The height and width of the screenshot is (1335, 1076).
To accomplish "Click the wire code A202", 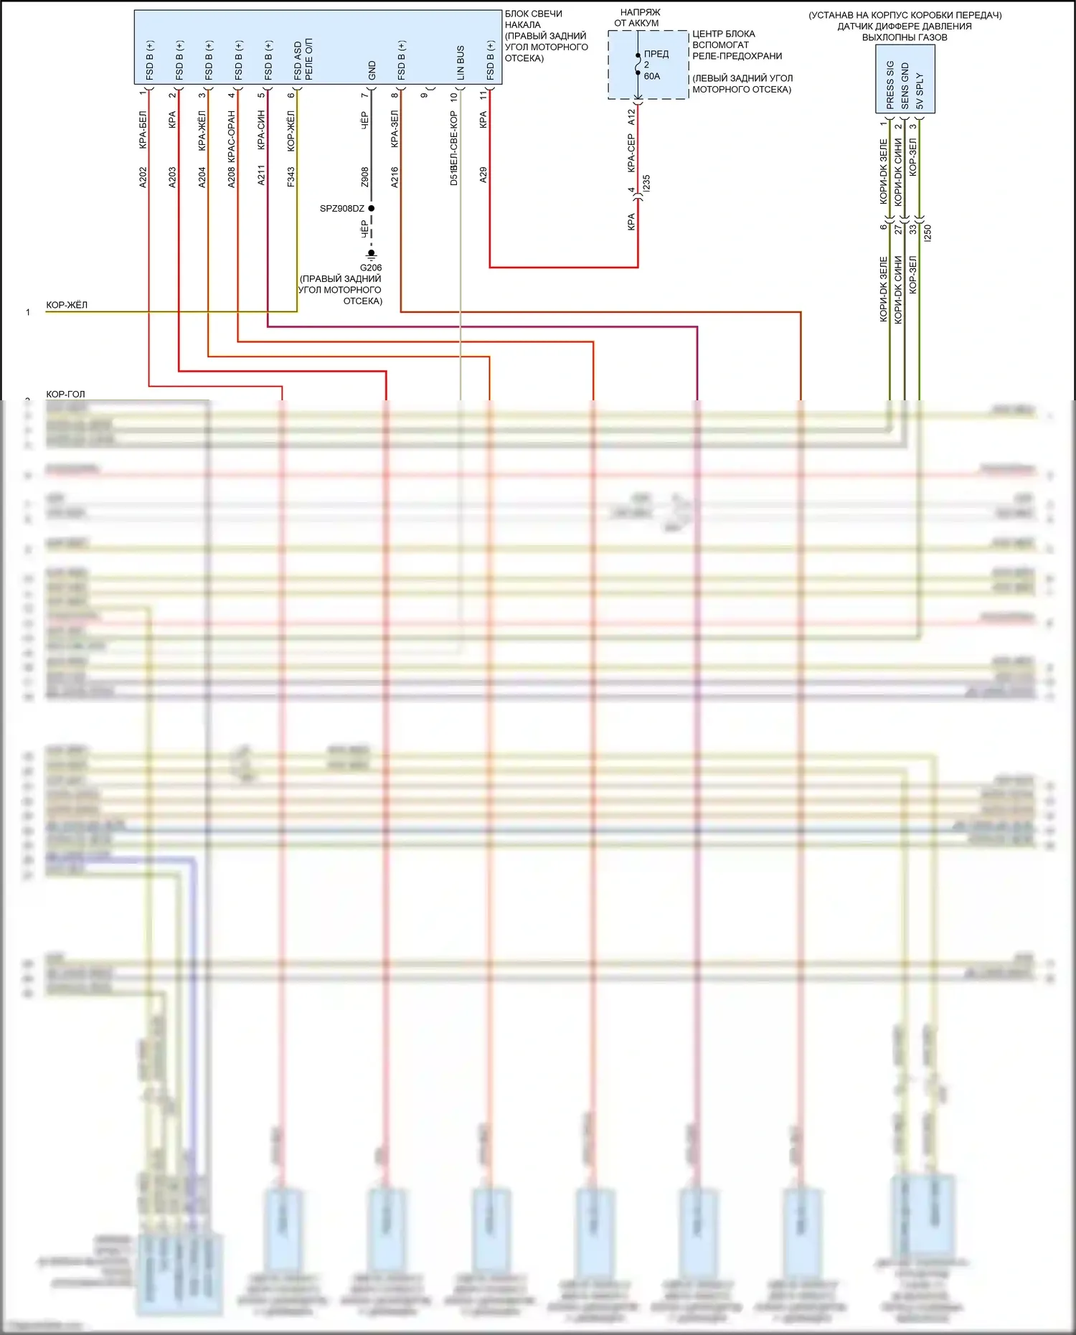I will (143, 178).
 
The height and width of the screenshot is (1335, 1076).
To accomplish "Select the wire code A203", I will (172, 178).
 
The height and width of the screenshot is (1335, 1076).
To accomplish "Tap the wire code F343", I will (291, 177).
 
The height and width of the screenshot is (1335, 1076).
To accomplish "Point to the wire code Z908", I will (364, 177).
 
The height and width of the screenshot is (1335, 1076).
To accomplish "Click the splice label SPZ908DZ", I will (342, 209).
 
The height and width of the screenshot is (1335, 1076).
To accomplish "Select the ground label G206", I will (371, 268).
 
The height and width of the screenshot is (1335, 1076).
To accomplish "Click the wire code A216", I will (395, 177).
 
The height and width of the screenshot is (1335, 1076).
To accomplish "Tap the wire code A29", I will (483, 175).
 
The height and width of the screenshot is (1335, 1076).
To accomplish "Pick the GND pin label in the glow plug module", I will (372, 70).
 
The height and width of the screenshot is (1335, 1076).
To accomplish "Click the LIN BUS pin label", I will (461, 62).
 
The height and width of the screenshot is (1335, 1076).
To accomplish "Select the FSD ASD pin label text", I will (298, 60).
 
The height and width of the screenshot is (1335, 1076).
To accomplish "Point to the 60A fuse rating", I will (652, 76).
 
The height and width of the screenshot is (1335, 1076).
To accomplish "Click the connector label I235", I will (646, 182).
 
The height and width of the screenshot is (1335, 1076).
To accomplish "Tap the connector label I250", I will (928, 232).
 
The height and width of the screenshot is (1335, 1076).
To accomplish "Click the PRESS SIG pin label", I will (890, 85).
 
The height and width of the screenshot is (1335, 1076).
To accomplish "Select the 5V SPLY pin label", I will (920, 90).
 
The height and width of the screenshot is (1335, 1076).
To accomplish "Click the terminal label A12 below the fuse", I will (631, 117).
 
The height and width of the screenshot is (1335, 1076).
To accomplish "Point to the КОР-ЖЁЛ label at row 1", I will (67, 305).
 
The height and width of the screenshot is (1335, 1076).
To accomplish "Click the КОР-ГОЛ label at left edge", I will (65, 394).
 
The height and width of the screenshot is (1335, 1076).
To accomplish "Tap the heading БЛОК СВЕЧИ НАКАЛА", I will (533, 19).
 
